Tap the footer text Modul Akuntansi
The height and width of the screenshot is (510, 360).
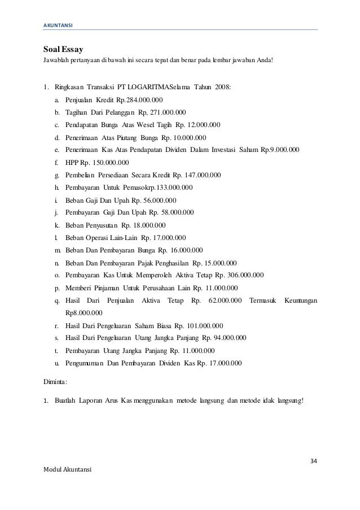click(x=67, y=470)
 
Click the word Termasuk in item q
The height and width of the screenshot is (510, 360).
click(x=264, y=300)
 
